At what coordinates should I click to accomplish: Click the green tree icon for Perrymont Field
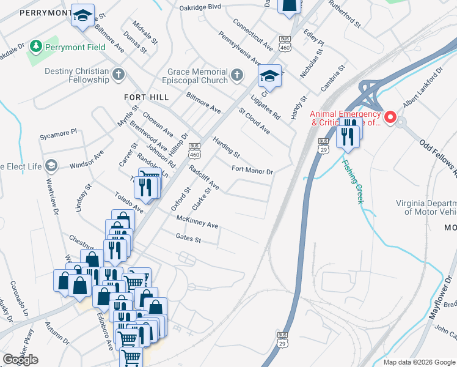tap(37, 46)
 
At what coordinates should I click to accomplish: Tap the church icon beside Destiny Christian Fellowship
tap(119, 75)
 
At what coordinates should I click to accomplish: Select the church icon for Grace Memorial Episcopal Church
tap(237, 75)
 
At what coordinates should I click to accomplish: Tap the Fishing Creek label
tap(353, 182)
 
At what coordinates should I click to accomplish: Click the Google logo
tap(20, 360)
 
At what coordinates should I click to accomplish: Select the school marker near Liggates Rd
tap(268, 76)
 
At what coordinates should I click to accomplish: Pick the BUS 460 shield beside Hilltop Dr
tap(195, 149)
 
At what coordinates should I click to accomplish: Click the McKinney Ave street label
tap(197, 221)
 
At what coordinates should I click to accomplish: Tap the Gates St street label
tap(188, 238)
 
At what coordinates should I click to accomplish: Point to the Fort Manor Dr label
tap(252, 170)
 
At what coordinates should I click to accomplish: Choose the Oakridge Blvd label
tap(200, 7)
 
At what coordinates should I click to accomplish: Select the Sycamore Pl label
tap(58, 132)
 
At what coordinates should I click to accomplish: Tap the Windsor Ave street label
tap(87, 160)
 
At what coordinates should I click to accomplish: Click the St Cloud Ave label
tap(254, 121)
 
